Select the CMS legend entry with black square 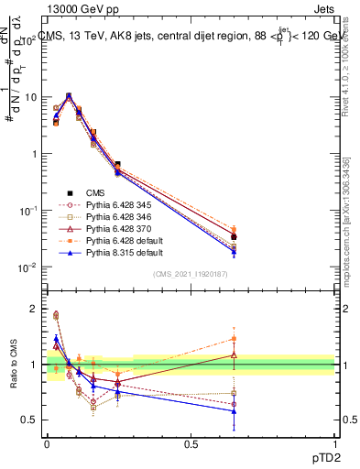(111, 192)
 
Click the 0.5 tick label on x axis (191, 442)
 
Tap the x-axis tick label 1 (334, 442)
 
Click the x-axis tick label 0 (47, 442)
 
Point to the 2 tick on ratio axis (33, 309)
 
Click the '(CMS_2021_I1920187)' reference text (191, 274)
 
